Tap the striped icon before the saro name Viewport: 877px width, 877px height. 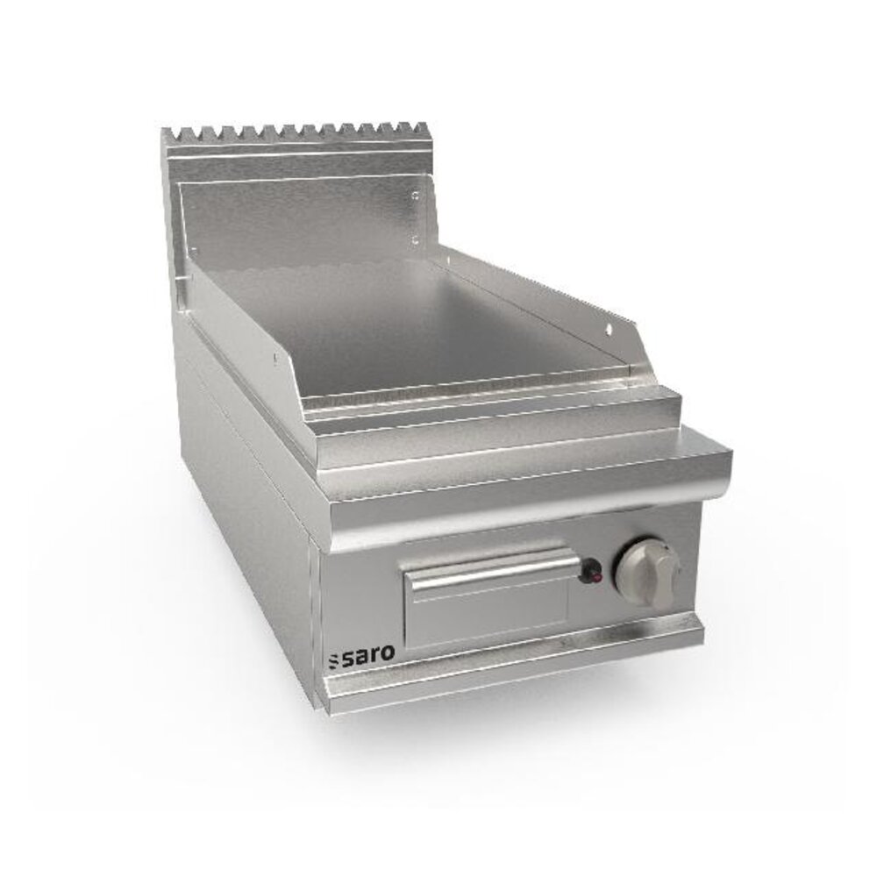click(x=334, y=659)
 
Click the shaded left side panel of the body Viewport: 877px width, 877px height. click(x=246, y=526)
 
